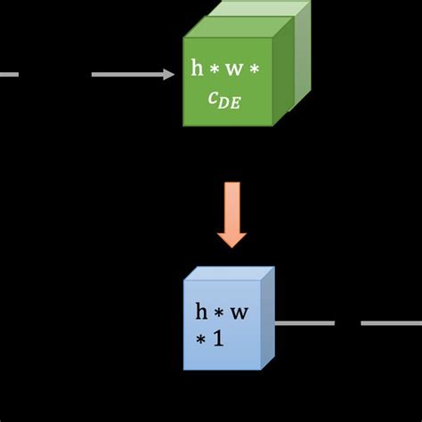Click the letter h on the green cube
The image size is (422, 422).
[x=198, y=68]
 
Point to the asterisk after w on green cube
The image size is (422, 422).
[x=254, y=69]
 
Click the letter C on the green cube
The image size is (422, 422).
[x=214, y=100]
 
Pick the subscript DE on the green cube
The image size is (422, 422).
[x=231, y=103]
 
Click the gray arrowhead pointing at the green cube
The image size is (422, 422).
[x=169, y=75]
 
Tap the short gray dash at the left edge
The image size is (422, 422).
[x=9, y=75]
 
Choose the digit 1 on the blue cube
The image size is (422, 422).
[x=216, y=339]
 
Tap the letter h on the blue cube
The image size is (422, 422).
[x=202, y=312]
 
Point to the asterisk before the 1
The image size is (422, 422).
[x=200, y=340]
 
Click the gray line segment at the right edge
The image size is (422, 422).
[x=391, y=323]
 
